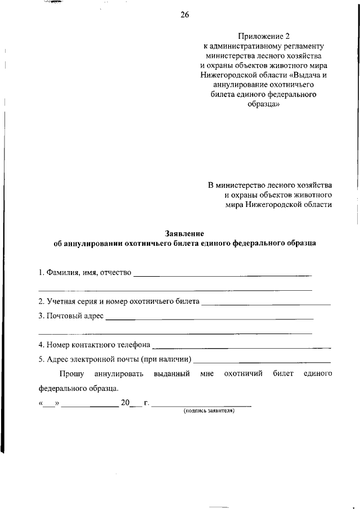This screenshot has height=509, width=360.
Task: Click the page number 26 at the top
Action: tap(184, 15)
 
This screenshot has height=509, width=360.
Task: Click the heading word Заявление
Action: tap(184, 233)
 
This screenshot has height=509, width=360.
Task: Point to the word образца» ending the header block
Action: tap(263, 105)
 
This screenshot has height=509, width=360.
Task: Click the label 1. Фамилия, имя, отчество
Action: tap(85, 273)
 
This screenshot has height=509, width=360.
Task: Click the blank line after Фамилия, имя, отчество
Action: tap(222, 275)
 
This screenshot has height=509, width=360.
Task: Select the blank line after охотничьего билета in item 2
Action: tap(265, 304)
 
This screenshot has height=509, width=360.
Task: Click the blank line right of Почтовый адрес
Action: tap(209, 318)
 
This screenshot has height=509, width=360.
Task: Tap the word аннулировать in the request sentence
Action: tap(119, 373)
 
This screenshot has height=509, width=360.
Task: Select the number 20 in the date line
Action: tap(125, 403)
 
